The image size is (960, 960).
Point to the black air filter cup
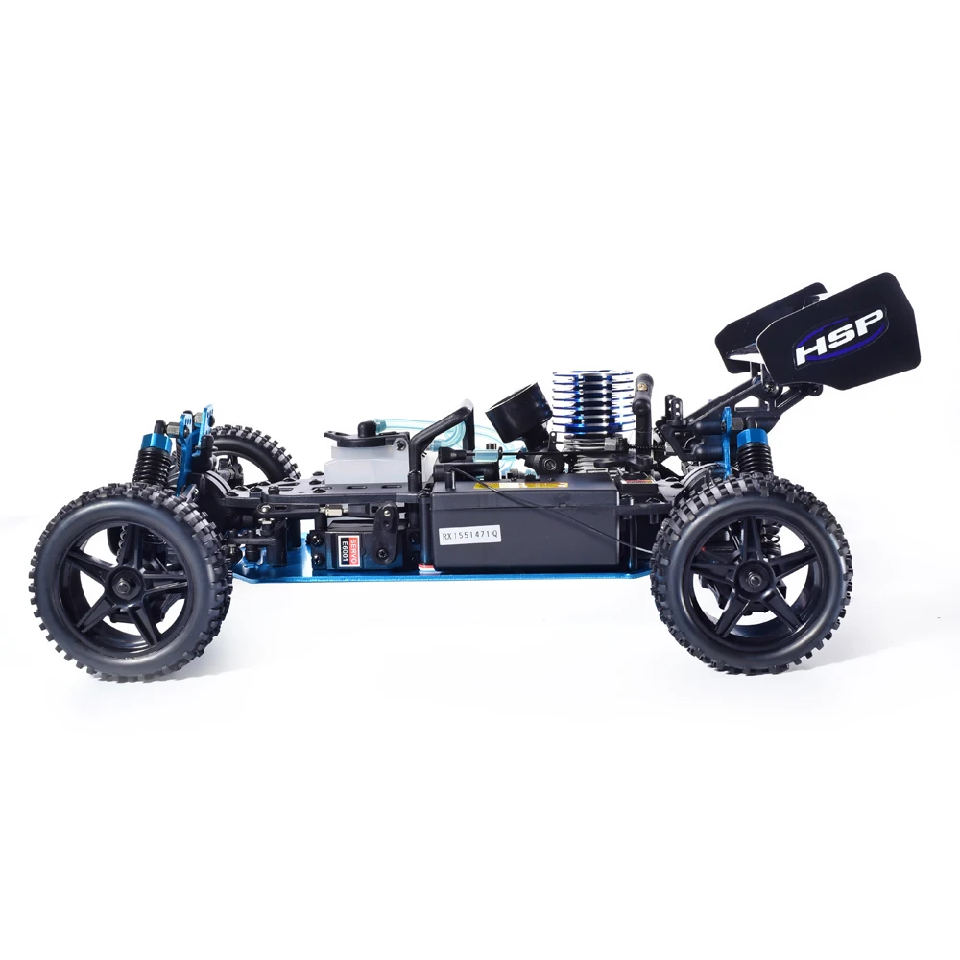click(518, 410)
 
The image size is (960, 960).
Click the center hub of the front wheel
click(130, 582)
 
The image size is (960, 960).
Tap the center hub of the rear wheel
click(752, 576)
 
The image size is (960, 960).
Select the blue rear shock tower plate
click(727, 437)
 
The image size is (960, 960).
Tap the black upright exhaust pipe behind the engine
click(642, 403)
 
